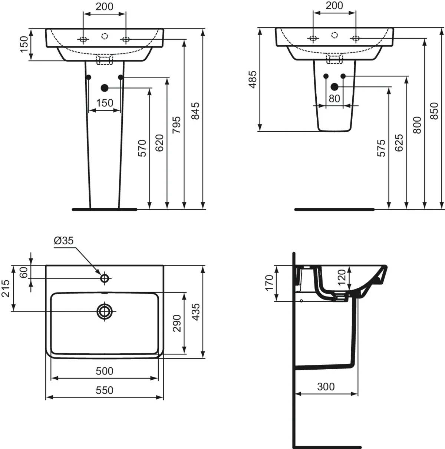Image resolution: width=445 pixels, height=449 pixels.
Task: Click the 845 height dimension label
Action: (x=195, y=111)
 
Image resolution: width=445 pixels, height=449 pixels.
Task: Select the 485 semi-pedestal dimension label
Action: (x=253, y=79)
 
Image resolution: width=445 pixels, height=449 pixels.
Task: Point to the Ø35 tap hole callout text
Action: (x=64, y=241)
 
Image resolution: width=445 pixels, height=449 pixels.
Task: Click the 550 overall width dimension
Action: (x=104, y=390)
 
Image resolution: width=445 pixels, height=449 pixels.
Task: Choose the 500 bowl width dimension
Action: (x=104, y=371)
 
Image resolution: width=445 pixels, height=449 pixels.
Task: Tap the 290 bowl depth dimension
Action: (x=177, y=323)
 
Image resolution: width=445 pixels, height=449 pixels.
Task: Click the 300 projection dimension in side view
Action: (x=326, y=387)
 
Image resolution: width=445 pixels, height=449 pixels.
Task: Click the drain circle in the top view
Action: (x=105, y=311)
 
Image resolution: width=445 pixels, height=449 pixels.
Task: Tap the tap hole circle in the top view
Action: (x=105, y=278)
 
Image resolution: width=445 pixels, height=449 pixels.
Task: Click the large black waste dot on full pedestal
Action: (x=105, y=88)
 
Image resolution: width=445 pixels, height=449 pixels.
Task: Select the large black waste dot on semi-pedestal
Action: (x=334, y=87)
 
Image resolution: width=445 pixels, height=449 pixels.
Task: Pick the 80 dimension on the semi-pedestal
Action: (x=334, y=99)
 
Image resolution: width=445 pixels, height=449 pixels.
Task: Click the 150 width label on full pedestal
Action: (x=105, y=103)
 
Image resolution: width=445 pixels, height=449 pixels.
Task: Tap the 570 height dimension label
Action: (x=142, y=148)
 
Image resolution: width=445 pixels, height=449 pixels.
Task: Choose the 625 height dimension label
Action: (x=399, y=143)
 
